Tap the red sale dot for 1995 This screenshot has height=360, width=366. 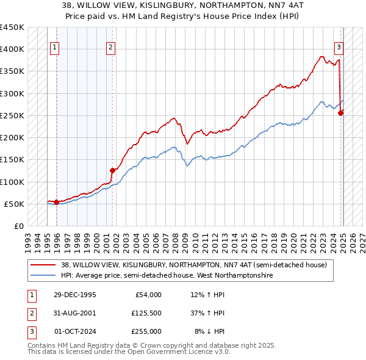point(56,202)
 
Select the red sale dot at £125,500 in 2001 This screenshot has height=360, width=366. point(112,170)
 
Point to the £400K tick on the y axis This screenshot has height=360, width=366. point(12,49)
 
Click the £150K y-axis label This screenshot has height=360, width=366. point(12,160)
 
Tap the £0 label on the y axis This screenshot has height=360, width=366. point(18,226)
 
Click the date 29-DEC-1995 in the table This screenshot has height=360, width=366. point(75,295)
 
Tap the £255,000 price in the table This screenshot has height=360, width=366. point(146,331)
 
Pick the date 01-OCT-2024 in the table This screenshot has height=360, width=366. point(75,331)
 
